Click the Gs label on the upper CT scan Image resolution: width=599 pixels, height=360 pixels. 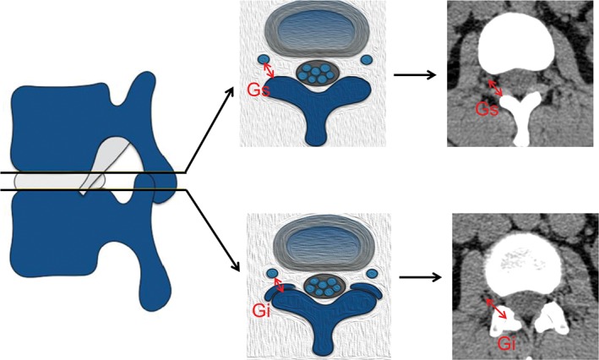click(485, 110)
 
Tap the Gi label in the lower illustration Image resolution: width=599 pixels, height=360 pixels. click(262, 310)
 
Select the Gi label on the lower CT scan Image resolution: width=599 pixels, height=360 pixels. click(505, 341)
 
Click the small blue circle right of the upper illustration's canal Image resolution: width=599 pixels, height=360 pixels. click(366, 60)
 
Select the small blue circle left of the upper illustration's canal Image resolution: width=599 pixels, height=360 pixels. click(259, 58)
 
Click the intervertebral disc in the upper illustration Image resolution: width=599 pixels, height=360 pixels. click(313, 29)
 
